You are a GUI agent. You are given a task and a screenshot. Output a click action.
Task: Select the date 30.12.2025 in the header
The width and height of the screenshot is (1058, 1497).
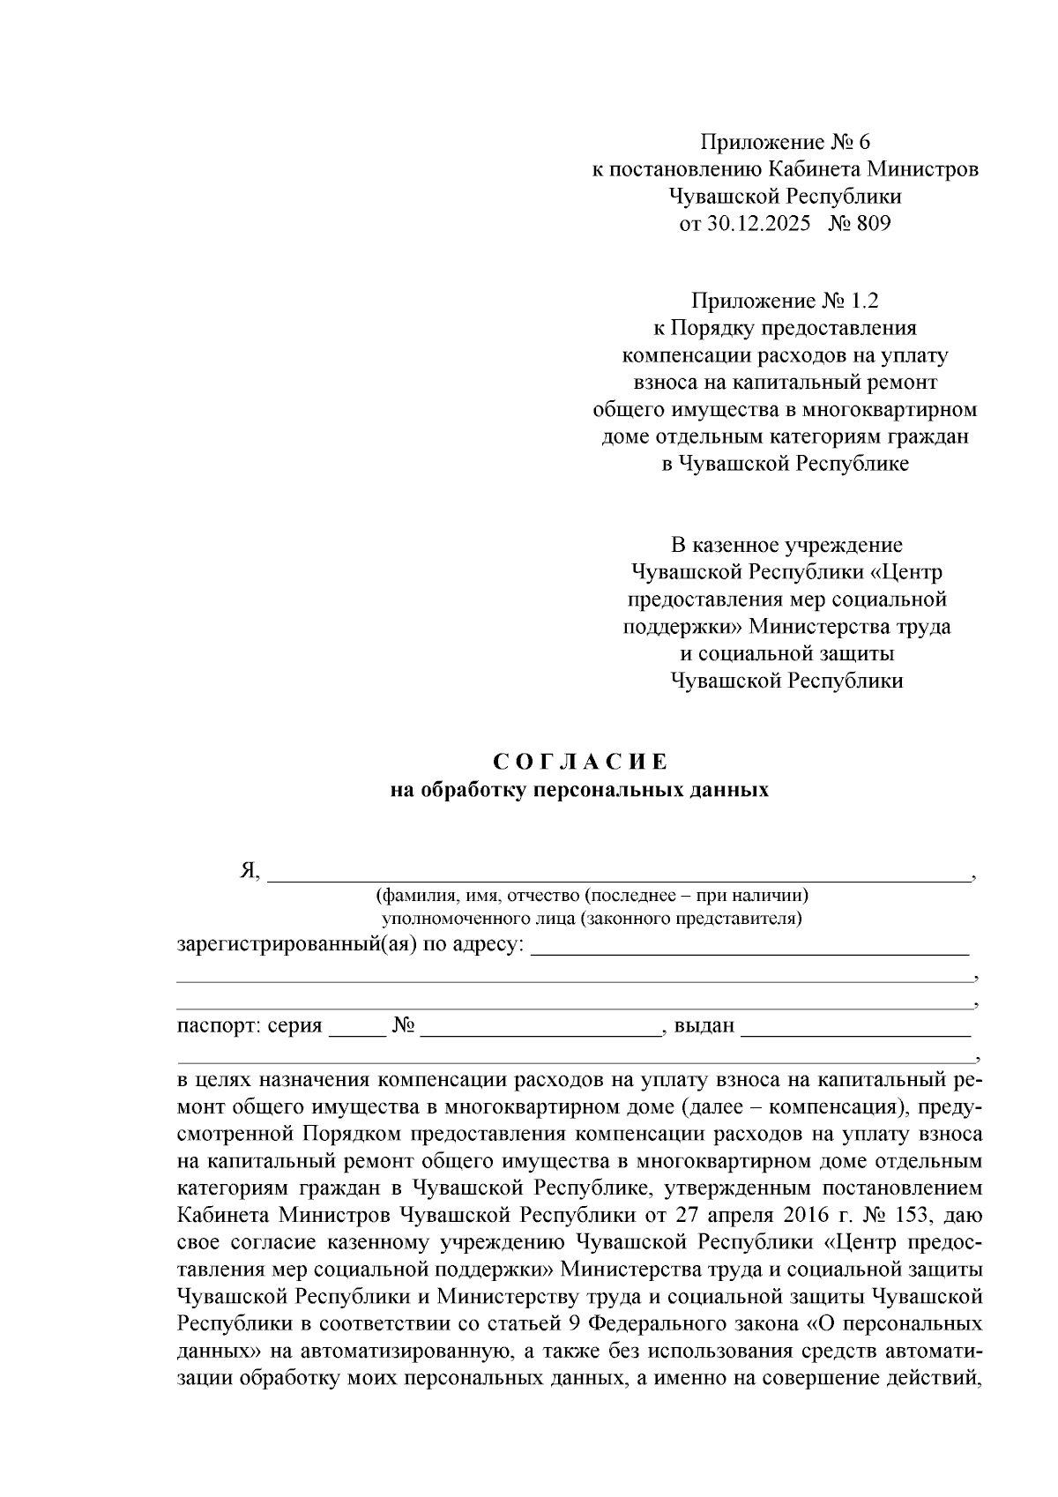tap(757, 224)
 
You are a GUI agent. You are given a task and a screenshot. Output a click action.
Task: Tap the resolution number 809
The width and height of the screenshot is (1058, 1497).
tap(874, 224)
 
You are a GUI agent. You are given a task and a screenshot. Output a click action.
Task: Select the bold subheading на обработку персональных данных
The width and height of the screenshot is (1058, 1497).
tap(579, 790)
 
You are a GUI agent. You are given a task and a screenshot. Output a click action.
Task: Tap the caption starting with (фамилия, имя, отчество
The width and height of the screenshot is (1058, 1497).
tap(592, 896)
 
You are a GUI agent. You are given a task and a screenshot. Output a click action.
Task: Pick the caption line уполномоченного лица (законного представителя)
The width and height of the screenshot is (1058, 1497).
tap(592, 920)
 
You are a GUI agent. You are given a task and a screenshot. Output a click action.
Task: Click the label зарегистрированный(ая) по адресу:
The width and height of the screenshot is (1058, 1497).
tap(351, 946)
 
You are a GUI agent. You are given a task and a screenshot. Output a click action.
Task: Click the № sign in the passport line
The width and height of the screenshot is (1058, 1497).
tap(404, 1026)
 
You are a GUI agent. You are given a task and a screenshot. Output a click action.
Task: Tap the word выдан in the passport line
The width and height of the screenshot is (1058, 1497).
tap(704, 1026)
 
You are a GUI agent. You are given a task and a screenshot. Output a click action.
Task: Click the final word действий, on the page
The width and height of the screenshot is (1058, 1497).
tap(935, 1380)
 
